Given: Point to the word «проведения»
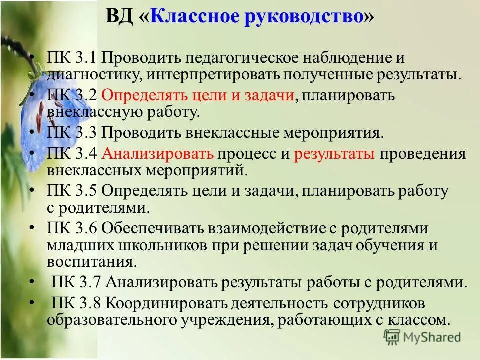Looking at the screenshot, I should tap(423, 153).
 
